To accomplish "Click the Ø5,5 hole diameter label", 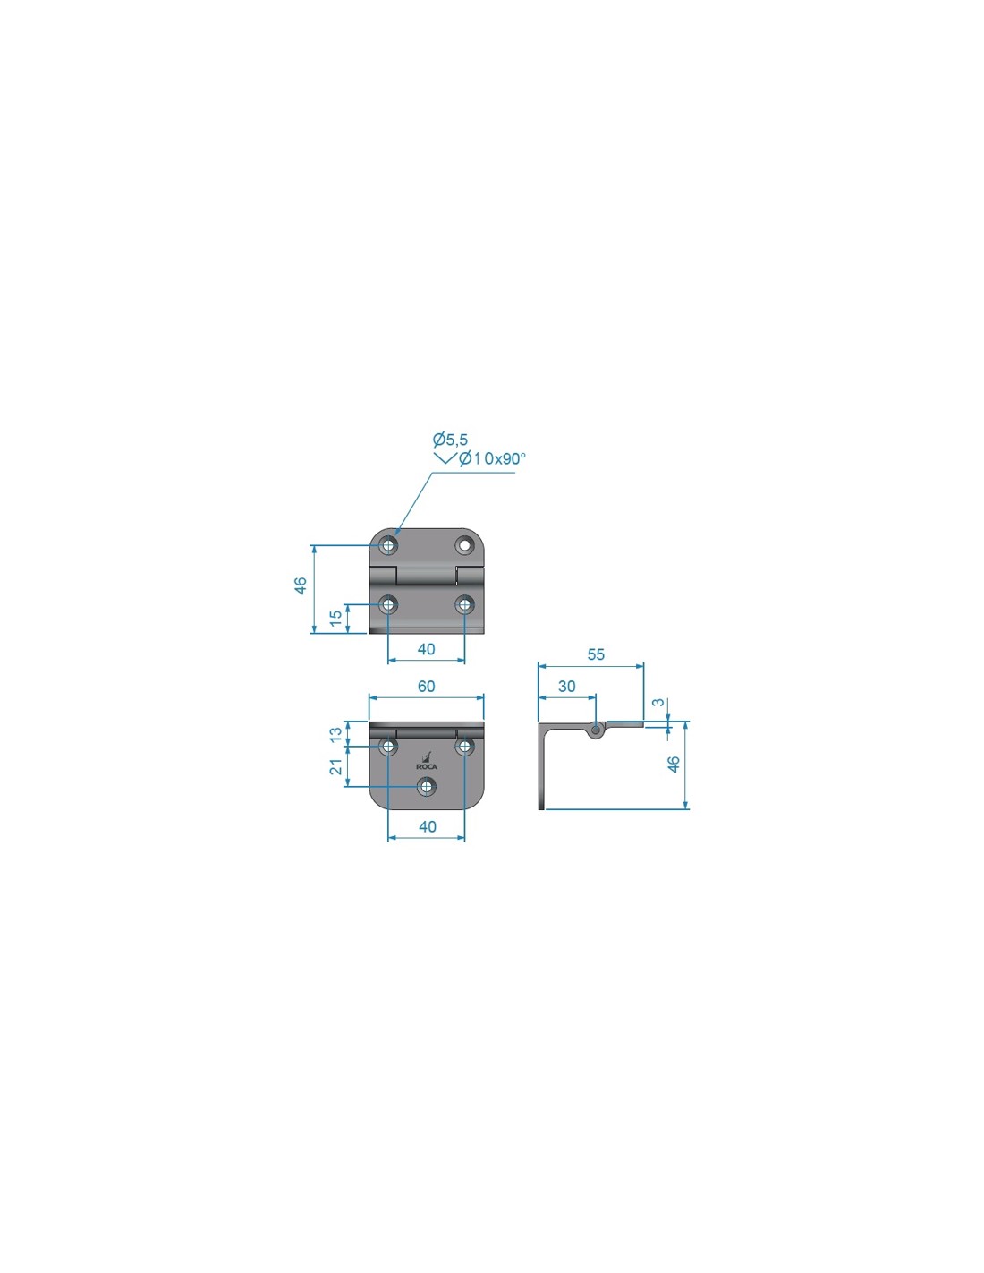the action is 450,439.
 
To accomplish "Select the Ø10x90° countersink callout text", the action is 492,458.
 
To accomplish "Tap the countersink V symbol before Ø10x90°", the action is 445,458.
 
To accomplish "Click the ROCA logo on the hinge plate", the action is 426,761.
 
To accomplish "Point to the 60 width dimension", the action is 426,686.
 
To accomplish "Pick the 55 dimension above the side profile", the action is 595,654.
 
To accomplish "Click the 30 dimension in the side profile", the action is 566,686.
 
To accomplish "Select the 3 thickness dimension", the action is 658,702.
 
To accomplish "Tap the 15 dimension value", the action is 335,618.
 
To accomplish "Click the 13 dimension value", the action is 335,734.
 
